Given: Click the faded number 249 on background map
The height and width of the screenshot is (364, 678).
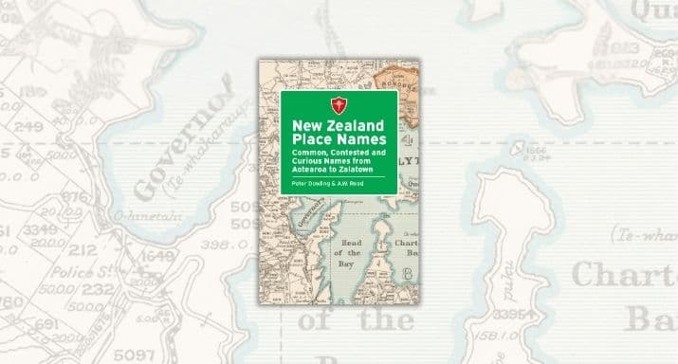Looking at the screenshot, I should coord(29,126).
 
